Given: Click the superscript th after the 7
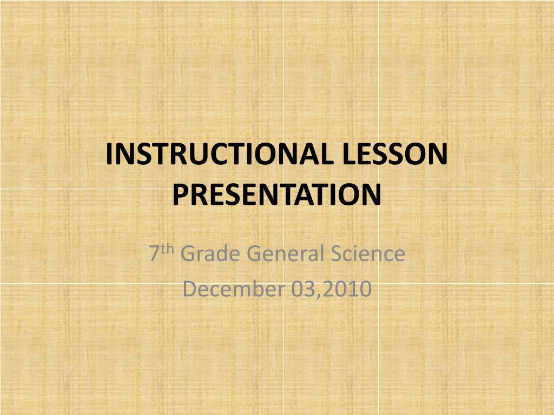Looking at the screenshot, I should coord(168,249).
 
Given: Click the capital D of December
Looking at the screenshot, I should coord(189,290).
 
